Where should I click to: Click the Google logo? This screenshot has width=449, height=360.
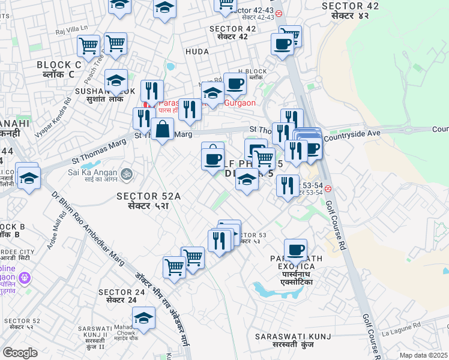20,353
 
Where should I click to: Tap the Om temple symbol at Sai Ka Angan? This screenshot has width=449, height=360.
125,174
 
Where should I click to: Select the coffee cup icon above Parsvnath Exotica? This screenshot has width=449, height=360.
295,250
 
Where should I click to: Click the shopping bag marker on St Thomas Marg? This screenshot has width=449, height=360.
162,128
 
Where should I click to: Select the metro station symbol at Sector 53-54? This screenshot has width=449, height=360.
328,188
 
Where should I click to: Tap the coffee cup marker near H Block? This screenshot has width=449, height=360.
235,84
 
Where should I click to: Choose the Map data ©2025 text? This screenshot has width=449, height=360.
424,355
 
